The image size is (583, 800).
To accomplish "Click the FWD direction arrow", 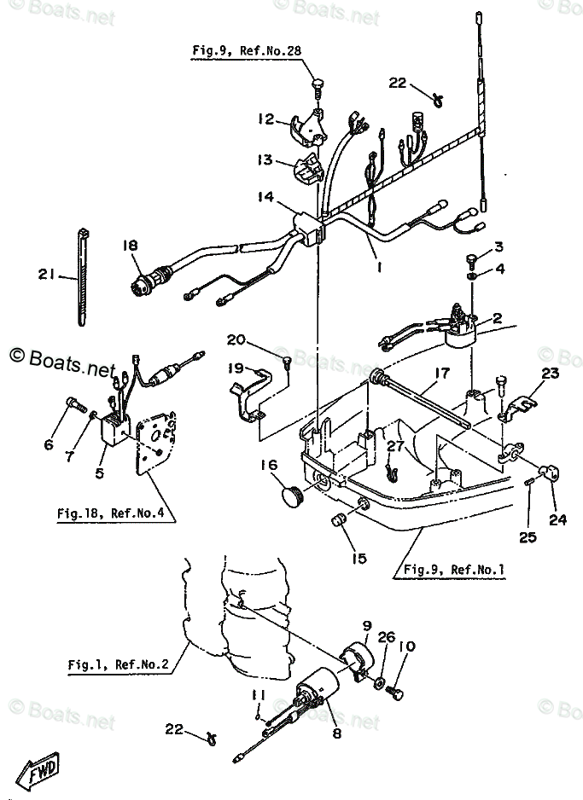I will tap(41, 774).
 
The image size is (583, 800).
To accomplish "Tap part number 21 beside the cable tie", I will tap(47, 274).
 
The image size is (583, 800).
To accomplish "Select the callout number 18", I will tap(130, 245).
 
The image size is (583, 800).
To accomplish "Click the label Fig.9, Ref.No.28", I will tap(247, 51).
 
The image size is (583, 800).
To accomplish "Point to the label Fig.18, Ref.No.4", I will tap(110, 513).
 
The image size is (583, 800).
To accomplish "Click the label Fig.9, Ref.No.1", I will tap(454, 569).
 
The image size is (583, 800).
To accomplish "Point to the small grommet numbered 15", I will tap(338, 520).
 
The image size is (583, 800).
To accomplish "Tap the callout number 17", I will tap(440, 372).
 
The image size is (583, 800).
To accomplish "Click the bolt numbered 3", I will tap(472, 258).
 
